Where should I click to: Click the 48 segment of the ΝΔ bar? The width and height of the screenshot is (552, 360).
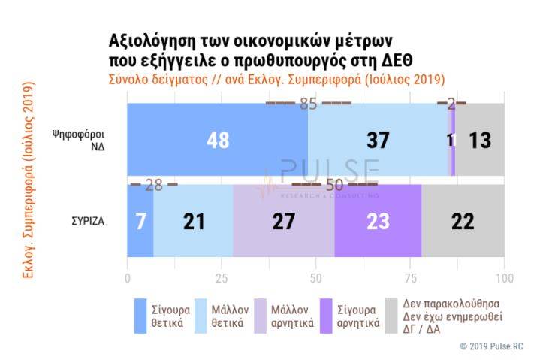[217, 140]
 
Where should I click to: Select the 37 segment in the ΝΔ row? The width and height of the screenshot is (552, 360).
[378, 140]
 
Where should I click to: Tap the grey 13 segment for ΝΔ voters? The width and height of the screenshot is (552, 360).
[480, 140]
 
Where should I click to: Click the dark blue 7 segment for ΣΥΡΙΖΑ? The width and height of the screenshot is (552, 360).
[140, 222]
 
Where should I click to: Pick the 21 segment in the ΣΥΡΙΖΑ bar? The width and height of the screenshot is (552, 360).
[193, 222]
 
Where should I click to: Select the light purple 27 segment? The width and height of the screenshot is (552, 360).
[283, 222]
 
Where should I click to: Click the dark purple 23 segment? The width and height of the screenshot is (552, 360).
[378, 222]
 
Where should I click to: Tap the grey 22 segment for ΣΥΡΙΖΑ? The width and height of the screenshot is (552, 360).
[463, 222]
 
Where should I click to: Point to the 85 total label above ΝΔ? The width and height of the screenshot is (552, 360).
[309, 104]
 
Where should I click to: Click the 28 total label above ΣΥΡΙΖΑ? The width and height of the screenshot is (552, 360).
[153, 185]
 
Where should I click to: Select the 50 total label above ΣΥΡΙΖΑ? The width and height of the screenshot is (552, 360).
[335, 185]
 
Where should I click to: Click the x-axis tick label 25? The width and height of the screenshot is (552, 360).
[222, 278]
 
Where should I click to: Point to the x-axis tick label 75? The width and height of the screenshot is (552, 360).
[410, 278]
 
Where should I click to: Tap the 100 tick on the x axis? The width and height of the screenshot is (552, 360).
[504, 278]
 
